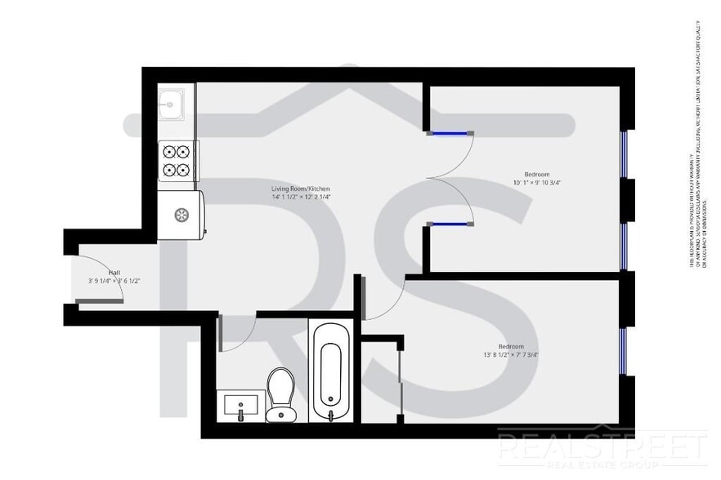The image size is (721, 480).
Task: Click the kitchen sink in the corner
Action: (172, 103)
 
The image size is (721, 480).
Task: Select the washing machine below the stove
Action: (181, 215)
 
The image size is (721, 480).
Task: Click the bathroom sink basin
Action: (240, 403)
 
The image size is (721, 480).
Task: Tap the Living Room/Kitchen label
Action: (300, 189)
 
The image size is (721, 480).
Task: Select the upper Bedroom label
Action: (535, 174)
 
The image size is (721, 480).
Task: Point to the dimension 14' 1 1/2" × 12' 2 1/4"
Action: (301, 198)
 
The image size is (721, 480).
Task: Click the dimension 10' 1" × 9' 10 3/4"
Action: (538, 183)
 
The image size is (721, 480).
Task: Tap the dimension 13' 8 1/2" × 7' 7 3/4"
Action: (511, 355)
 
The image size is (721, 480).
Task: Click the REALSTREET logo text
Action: (602, 447)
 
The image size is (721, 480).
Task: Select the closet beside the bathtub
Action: (380, 380)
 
